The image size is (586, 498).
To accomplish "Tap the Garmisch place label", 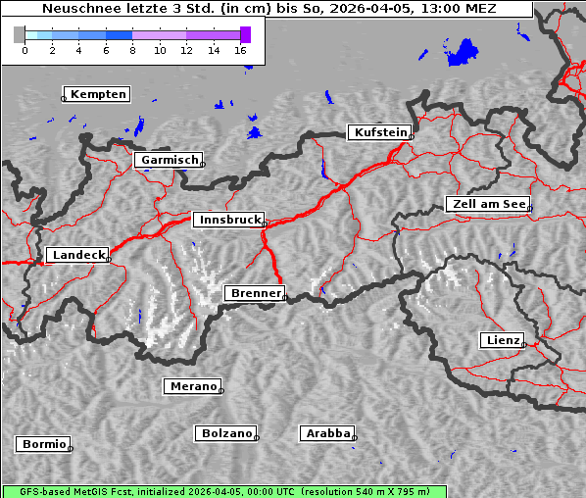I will click(x=170, y=160).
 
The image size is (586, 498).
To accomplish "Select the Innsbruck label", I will click(x=228, y=221).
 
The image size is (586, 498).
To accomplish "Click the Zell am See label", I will click(x=487, y=204).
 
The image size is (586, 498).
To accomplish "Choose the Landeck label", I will click(x=77, y=255).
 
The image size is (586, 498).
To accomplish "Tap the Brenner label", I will click(x=256, y=293).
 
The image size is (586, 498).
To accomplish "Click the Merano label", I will click(x=192, y=386).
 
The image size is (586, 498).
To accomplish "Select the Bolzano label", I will click(x=227, y=433).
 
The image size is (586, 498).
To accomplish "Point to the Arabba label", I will click(x=327, y=433).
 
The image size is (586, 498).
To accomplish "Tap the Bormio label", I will click(x=43, y=444).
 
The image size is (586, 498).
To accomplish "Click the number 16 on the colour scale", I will click(x=241, y=50).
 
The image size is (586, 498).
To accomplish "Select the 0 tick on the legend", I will click(x=24, y=50).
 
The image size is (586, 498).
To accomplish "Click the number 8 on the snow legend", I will click(x=132, y=50).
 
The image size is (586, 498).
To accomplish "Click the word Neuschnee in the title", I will click(x=78, y=9).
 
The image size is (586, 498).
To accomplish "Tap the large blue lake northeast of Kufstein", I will click(x=464, y=52).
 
